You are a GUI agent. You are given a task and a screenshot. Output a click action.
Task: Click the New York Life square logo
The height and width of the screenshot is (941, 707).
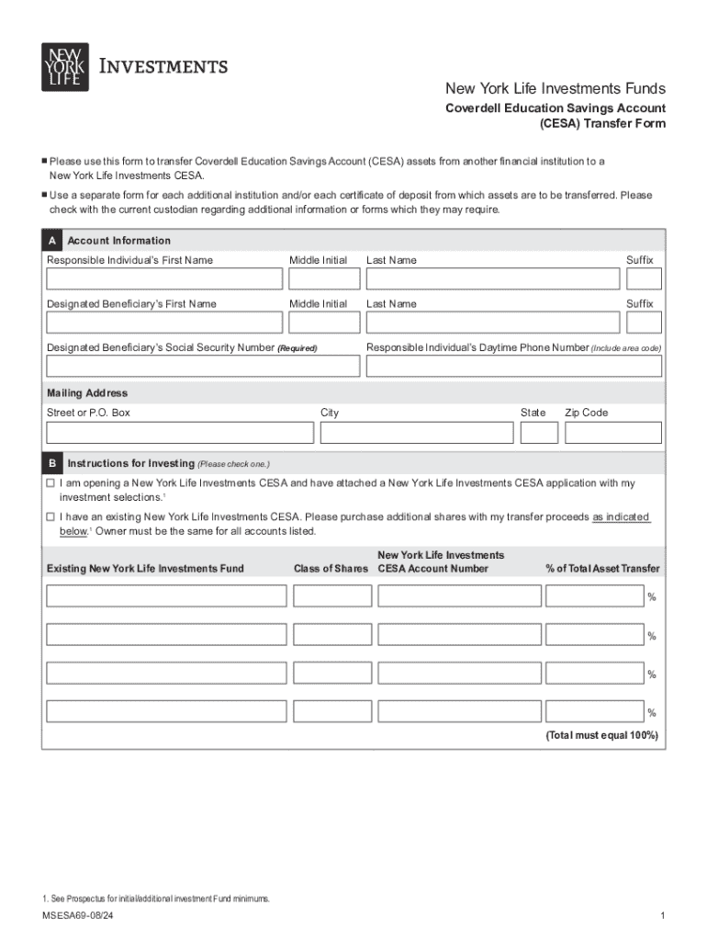coord(65,67)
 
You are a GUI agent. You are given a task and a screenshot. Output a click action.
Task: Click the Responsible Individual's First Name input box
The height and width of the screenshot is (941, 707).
coord(164,278)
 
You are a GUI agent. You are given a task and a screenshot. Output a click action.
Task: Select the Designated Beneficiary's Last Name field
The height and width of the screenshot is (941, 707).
coord(492,323)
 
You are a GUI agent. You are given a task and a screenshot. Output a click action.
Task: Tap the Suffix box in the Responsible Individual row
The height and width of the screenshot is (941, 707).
coord(645,278)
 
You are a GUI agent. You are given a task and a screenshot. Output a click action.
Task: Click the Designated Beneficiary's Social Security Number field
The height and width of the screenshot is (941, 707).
coord(203,366)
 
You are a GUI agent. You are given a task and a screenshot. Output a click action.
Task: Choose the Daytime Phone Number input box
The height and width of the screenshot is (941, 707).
coord(513,366)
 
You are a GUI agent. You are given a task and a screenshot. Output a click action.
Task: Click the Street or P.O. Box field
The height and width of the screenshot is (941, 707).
coord(180,433)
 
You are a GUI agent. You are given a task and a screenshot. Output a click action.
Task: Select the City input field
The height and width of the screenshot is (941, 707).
coord(416,433)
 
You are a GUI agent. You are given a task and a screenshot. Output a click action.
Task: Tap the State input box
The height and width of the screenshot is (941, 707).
coord(539,433)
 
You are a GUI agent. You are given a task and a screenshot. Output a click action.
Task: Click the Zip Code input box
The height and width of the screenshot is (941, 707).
coord(612,433)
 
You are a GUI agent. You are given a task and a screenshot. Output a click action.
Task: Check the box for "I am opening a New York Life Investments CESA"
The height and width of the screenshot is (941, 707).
coord(51,482)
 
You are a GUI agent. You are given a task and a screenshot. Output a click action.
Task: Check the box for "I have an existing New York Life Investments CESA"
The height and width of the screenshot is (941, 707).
coord(51,517)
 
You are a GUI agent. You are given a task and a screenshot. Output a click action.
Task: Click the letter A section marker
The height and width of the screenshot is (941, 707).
coord(52,241)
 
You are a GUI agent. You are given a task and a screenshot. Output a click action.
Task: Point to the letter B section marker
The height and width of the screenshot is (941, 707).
coord(52,463)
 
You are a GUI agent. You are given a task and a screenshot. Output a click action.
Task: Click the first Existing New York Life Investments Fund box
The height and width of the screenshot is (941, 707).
coord(166,596)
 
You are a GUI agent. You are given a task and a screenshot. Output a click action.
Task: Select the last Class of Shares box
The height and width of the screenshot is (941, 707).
coord(332,710)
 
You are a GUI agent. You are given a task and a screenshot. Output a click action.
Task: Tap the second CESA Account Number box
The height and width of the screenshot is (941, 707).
coord(459,634)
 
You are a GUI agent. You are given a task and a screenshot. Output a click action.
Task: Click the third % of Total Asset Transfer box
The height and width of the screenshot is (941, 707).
coord(594,673)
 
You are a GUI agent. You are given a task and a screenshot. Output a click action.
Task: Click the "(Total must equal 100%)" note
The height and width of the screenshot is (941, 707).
coord(601,736)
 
